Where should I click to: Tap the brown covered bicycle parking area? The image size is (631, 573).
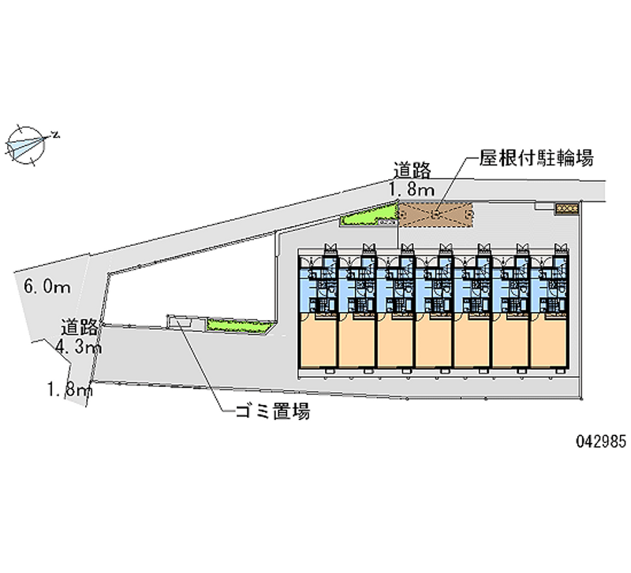pos(435,213)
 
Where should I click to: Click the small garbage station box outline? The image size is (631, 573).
pos(178,320)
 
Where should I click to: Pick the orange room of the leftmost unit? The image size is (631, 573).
pos(318,341)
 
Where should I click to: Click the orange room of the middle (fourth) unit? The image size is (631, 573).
pos(434,341)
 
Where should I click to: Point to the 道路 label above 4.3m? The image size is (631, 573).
pos(81,327)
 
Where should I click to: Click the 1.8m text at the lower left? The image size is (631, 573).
pos(70,388)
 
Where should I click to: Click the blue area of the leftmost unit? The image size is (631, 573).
pos(318,288)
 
